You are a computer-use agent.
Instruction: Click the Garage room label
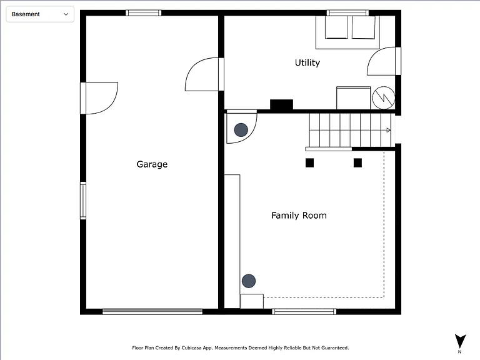(x=152, y=164)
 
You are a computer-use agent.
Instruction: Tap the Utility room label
(x=307, y=62)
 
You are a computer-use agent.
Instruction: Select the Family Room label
(x=299, y=216)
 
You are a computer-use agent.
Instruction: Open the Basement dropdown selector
(x=40, y=14)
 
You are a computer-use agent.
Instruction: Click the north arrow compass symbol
(x=460, y=341)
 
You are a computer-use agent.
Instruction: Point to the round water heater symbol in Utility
(x=383, y=98)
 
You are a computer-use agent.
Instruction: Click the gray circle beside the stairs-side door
(x=241, y=130)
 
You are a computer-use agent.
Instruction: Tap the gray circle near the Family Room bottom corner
(x=249, y=281)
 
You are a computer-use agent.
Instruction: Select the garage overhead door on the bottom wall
(x=152, y=311)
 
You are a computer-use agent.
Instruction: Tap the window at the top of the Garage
(x=144, y=13)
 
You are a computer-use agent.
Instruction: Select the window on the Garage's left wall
(x=83, y=201)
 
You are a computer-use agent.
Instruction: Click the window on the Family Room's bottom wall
(x=304, y=312)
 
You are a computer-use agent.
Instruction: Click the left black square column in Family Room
(x=309, y=163)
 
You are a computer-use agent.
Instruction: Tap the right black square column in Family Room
(x=357, y=163)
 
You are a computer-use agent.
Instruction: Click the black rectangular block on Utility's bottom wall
(x=281, y=104)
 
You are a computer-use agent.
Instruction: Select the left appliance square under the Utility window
(x=336, y=27)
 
